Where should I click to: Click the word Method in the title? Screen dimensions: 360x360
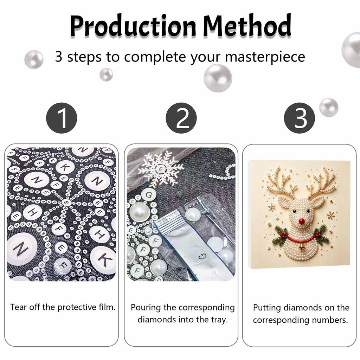247,25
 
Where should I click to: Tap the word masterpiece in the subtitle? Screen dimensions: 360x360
265,57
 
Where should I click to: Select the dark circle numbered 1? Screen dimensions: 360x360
62,118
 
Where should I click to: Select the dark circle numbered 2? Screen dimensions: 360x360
181,118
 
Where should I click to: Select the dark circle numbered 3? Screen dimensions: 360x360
300,118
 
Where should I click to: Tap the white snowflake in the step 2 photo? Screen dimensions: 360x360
161,169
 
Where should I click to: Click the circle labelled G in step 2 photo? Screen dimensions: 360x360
149,195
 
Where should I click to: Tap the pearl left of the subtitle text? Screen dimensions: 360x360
34,59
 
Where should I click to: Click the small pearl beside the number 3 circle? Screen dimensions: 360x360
329,107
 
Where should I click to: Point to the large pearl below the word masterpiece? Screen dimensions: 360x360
218,78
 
